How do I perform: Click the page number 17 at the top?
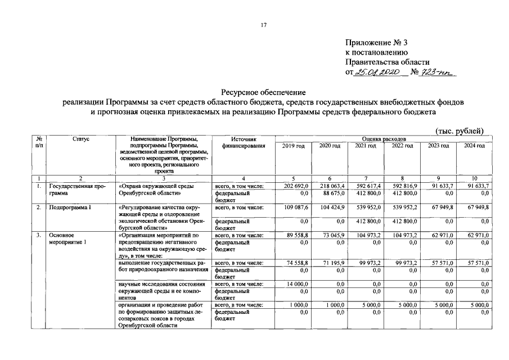(x=263, y=24)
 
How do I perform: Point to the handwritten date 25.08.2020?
(x=378, y=72)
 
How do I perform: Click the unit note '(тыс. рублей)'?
(x=460, y=131)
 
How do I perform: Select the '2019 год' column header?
(x=293, y=146)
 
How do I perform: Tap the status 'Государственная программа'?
(x=76, y=189)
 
